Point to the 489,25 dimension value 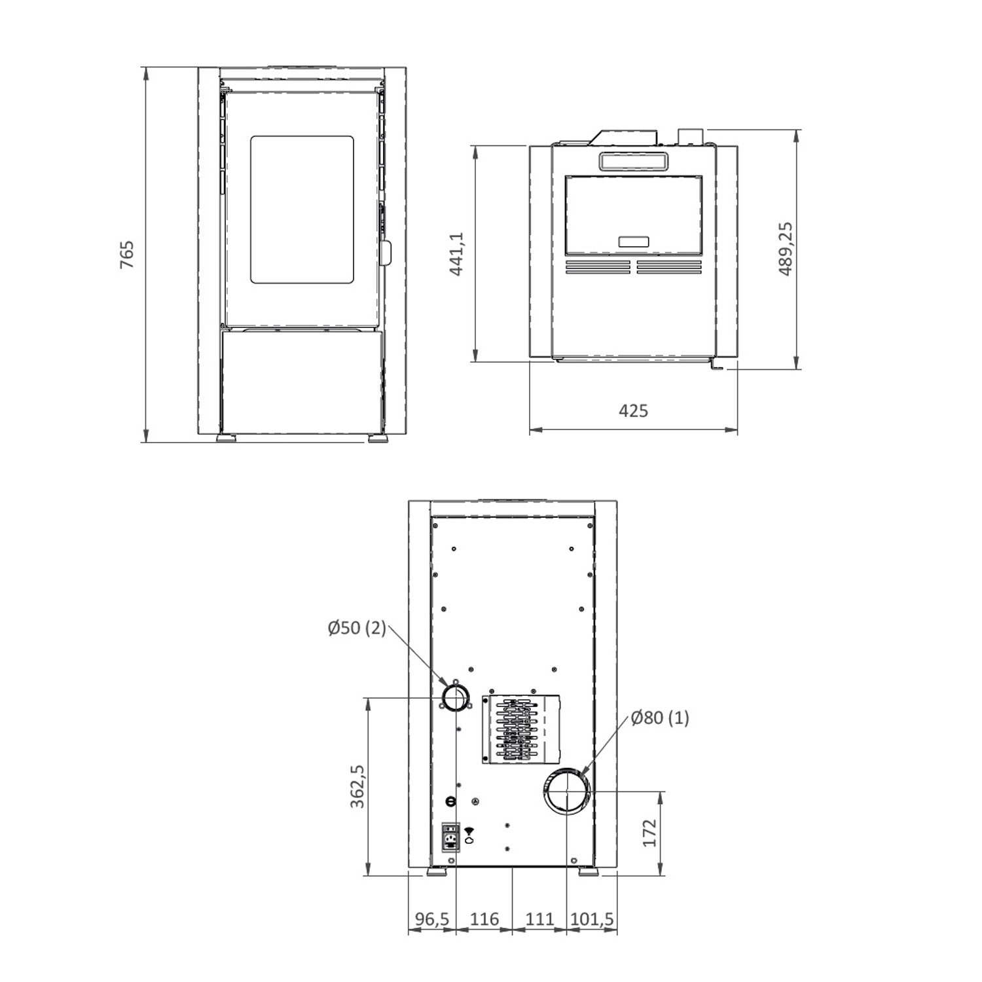[x=786, y=249]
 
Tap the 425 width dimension [x=633, y=410]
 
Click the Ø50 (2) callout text [x=357, y=628]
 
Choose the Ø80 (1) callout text [x=660, y=718]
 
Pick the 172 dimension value [x=649, y=833]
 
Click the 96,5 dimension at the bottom [x=432, y=919]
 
